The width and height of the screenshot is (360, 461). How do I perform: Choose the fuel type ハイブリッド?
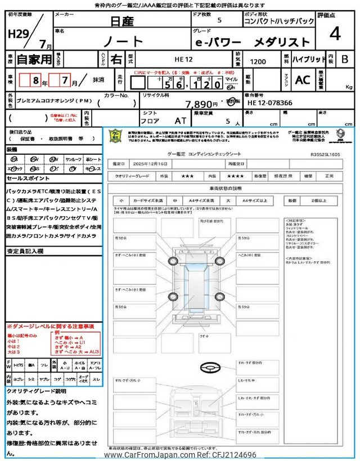[x=309, y=59]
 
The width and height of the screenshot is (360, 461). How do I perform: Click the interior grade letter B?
[x=345, y=59]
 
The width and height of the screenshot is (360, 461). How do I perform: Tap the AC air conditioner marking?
[x=303, y=80]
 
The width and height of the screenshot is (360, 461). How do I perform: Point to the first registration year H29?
[x=19, y=34]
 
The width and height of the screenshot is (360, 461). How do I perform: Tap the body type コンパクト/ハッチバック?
[x=279, y=21]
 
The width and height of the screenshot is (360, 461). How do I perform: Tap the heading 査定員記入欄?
[x=25, y=251]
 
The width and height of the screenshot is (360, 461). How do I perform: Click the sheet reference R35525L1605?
[x=325, y=153]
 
